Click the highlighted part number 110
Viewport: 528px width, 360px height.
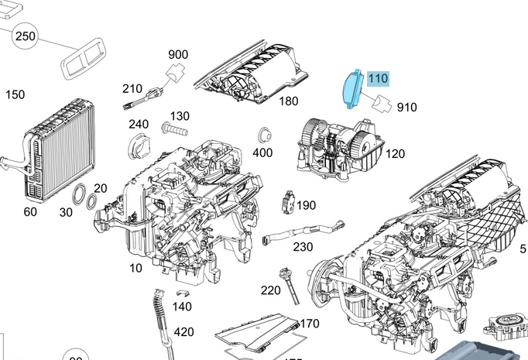[378, 79]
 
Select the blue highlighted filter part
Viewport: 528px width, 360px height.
[353, 87]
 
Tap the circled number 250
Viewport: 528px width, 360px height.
[26, 36]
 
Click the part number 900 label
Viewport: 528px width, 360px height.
[178, 54]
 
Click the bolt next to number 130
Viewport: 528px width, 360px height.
[174, 125]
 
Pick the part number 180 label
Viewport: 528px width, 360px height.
[289, 101]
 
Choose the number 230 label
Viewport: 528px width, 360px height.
[303, 247]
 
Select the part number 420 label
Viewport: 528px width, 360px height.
[183, 332]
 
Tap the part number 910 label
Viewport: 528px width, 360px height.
[406, 108]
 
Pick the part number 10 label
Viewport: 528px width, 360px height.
[136, 269]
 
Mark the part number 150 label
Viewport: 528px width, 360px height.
[15, 94]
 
